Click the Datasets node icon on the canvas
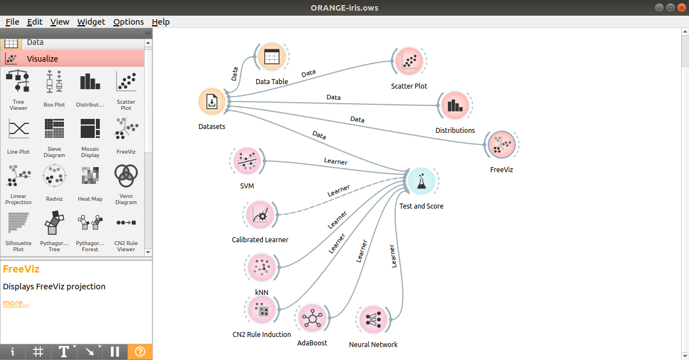tap(212, 101)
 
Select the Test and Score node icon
tap(421, 181)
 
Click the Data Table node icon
tap(272, 57)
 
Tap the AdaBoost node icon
tap(312, 319)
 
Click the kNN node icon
tap(261, 267)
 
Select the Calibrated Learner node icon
tap(260, 215)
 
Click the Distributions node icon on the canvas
tap(455, 105)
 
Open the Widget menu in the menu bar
tap(91, 22)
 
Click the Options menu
tap(128, 22)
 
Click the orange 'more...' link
tap(16, 303)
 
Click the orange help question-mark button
tap(140, 352)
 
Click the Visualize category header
tap(73, 59)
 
